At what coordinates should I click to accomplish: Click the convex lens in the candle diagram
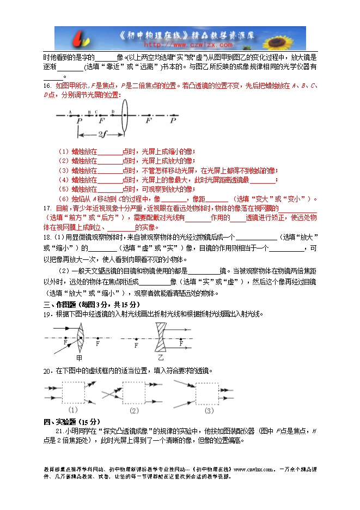click(125, 115)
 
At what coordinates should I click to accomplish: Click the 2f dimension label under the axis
click(101, 135)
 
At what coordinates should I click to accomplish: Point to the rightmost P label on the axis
click(173, 121)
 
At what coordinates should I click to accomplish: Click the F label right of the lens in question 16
click(148, 121)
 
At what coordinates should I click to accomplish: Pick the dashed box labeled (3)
click(210, 393)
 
